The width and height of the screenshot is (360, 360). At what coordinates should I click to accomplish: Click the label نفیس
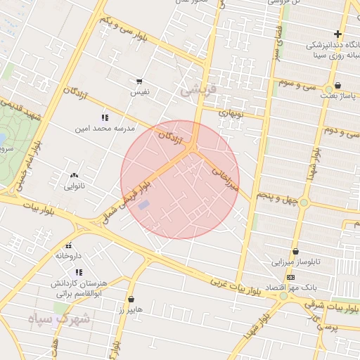[x=139, y=92]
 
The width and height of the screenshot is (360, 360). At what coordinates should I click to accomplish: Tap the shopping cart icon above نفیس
[x=139, y=82]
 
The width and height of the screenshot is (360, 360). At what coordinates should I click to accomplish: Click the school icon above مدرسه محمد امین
[x=105, y=117]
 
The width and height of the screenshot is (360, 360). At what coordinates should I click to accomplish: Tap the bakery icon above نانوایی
[x=75, y=176]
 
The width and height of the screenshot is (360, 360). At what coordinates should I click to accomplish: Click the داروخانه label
[x=69, y=256]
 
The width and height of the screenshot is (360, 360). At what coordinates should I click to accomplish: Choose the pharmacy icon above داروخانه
[x=69, y=245]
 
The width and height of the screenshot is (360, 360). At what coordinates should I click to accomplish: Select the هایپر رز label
[x=131, y=309]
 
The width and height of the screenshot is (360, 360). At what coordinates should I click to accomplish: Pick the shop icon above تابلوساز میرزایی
[x=295, y=251]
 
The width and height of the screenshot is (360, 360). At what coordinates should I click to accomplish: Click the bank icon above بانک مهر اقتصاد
[x=291, y=277]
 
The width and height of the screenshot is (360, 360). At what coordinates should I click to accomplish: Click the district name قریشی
[x=196, y=90]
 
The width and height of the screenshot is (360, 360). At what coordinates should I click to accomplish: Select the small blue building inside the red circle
[x=143, y=205]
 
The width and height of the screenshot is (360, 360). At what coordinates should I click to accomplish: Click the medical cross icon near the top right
[x=338, y=34]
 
